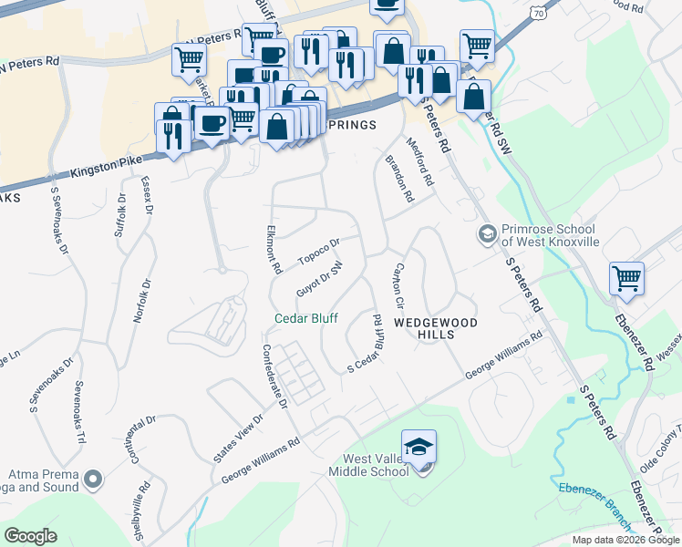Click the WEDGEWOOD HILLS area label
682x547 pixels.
pos(424,329)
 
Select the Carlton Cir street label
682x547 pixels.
pos(398,285)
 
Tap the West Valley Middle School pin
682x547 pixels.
pos(418,449)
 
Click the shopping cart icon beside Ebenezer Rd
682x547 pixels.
pos(626,278)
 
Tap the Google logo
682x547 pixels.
pos(31,536)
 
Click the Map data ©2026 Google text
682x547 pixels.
pos(625,540)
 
